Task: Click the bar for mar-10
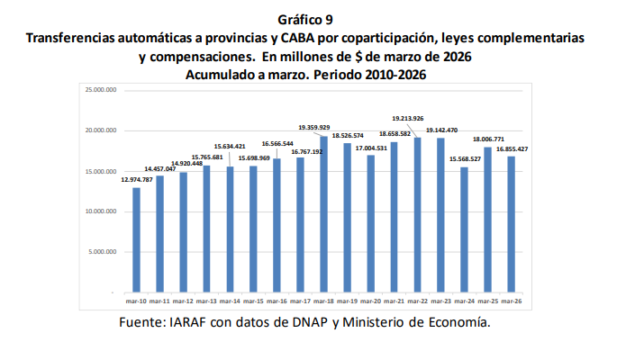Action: pos(136,239)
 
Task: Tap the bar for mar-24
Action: pos(464,229)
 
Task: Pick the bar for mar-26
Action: pos(511,224)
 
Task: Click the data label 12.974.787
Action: pos(136,180)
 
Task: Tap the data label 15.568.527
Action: pos(464,159)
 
